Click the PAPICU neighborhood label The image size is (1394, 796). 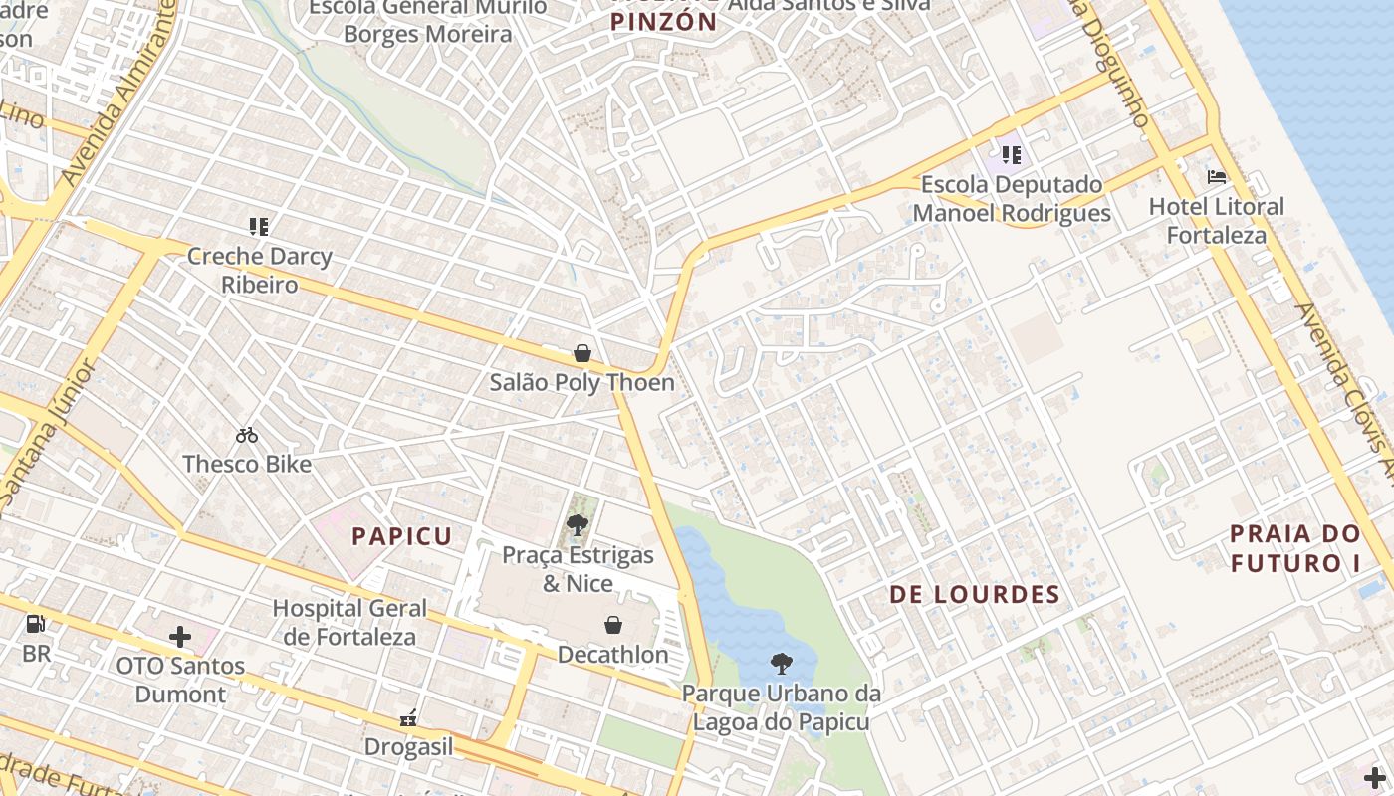pyautogui.click(x=402, y=536)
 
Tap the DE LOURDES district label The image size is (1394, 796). pyautogui.click(x=974, y=595)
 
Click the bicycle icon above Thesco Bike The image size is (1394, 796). pyautogui.click(x=247, y=435)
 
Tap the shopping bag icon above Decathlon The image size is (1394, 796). pyautogui.click(x=613, y=625)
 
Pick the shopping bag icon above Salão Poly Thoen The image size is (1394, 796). pyautogui.click(x=582, y=353)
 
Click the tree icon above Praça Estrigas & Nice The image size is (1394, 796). pyautogui.click(x=578, y=524)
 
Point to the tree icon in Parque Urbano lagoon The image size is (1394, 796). pyautogui.click(x=782, y=663)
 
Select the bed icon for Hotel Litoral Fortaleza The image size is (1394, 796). pyautogui.click(x=1217, y=177)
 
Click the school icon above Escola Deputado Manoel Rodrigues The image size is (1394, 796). pyautogui.click(x=1012, y=155)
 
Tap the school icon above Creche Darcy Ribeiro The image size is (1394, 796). pyautogui.click(x=260, y=227)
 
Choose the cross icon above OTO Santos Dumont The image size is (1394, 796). pyautogui.click(x=180, y=636)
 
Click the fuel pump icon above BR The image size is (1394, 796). pyautogui.click(x=36, y=625)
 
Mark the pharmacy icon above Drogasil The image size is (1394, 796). pyautogui.click(x=408, y=717)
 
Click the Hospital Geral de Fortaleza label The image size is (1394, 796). pyautogui.click(x=349, y=622)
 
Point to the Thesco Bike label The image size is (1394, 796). pyautogui.click(x=247, y=464)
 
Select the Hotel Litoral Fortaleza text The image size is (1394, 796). pyautogui.click(x=1217, y=221)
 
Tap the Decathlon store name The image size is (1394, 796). pyautogui.click(x=612, y=655)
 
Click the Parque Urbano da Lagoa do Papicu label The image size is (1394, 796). pyautogui.click(x=782, y=707)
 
